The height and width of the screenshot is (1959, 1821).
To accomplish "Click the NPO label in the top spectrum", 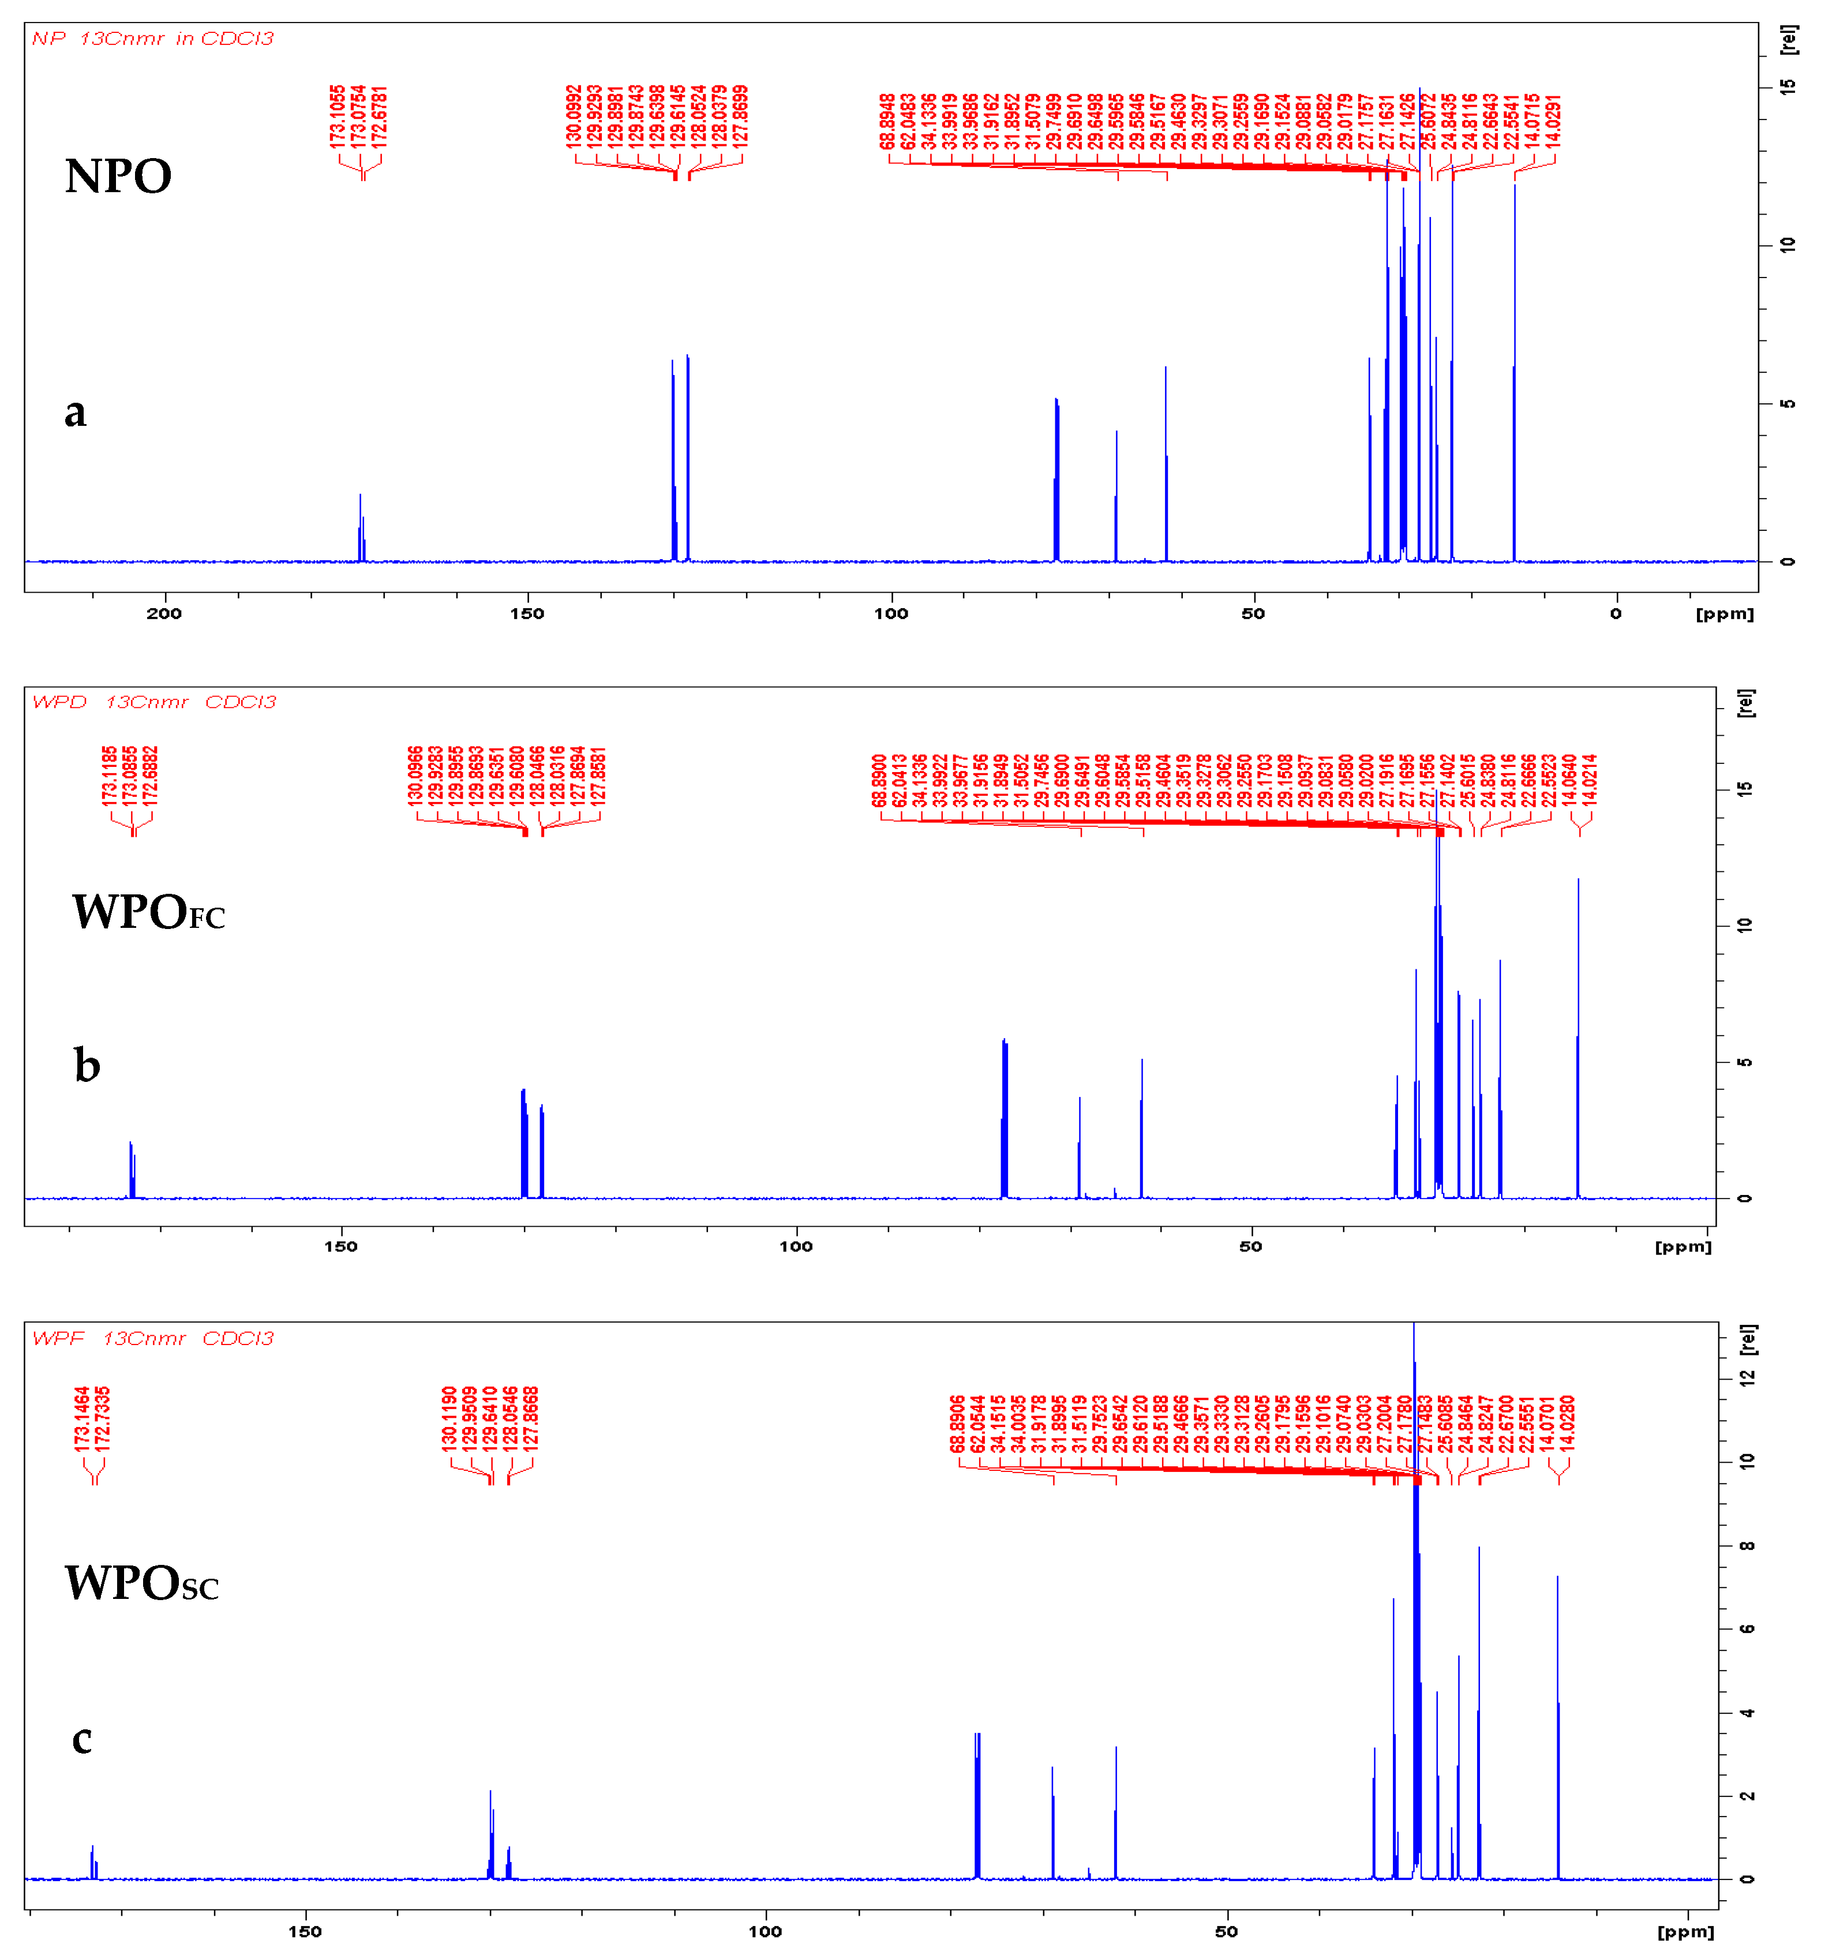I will pyautogui.click(x=118, y=177).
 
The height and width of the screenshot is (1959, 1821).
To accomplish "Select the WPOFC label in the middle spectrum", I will pyautogui.click(x=148, y=912).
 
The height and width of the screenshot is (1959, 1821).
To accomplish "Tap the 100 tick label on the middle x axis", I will pyautogui.click(x=796, y=1246).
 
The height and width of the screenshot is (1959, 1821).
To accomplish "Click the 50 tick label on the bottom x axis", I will pyautogui.click(x=1226, y=1931).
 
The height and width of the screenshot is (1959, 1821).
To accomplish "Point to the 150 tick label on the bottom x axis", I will pyautogui.click(x=305, y=1931).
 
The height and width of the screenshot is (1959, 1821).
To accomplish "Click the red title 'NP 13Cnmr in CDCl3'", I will pyautogui.click(x=153, y=39).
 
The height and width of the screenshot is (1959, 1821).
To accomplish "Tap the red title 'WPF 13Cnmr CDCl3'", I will pyautogui.click(x=153, y=1338).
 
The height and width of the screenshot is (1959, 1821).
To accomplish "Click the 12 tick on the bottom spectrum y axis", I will pyautogui.click(x=1747, y=1377).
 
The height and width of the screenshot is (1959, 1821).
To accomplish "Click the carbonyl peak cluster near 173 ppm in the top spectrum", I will pyautogui.click(x=362, y=532).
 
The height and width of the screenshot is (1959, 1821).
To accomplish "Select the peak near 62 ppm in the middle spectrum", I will pyautogui.click(x=1142, y=1133).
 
